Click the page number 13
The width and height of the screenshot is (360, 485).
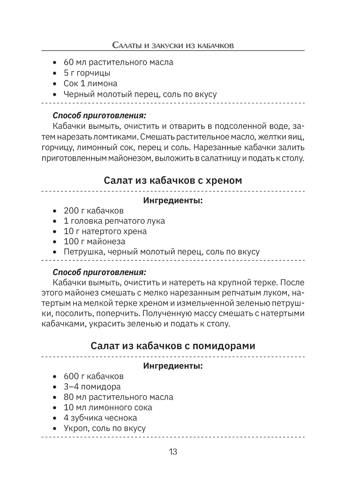tap(173, 452)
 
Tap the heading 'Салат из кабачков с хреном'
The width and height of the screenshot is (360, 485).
tap(173, 180)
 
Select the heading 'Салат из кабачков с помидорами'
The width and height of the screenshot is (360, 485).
tap(173, 346)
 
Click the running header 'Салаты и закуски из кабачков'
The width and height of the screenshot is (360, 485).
tap(173, 45)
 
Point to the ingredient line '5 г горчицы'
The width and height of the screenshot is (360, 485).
tap(87, 73)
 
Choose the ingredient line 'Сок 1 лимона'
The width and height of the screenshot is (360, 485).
tap(90, 83)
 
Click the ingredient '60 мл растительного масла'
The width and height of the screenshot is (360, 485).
tap(118, 62)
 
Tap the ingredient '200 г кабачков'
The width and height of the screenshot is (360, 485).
tap(94, 210)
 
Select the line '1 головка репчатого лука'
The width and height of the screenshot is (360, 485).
tap(114, 221)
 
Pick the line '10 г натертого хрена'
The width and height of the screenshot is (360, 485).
tap(105, 231)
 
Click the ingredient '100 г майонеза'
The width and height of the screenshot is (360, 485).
tap(94, 241)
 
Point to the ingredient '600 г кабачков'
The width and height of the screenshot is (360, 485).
tap(94, 376)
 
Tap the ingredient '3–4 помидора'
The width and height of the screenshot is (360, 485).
tap(92, 387)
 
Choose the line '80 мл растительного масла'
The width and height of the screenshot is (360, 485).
tap(118, 397)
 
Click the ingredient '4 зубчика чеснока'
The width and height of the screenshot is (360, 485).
tap(100, 418)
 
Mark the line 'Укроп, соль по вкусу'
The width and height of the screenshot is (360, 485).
tap(104, 428)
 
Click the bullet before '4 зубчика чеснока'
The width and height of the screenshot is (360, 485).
tap(55, 418)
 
